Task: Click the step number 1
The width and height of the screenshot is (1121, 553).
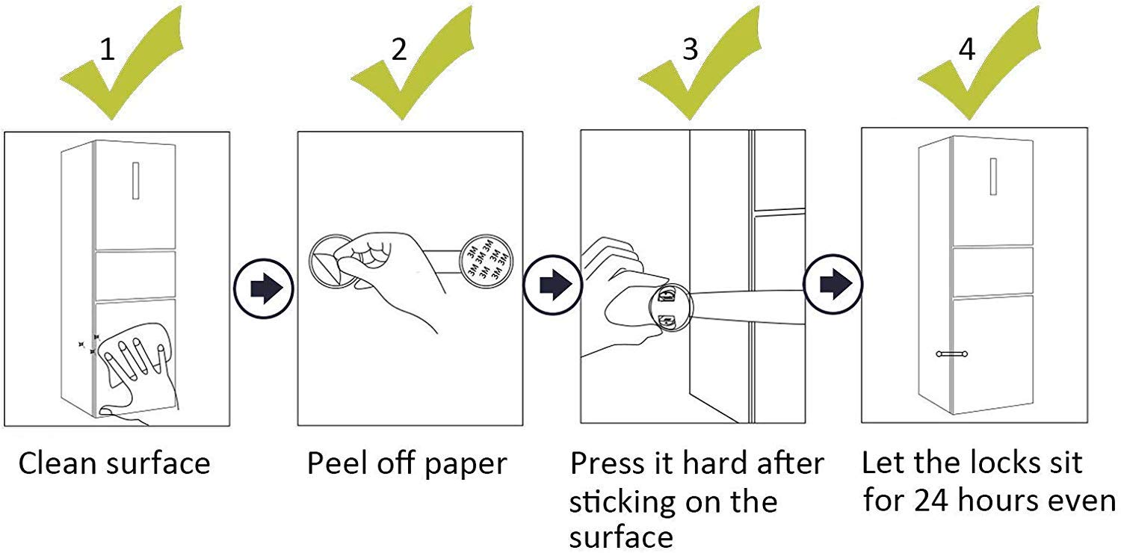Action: pos(108,49)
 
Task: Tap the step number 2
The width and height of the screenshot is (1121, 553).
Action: pos(399,49)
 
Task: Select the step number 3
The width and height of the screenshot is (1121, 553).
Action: pos(690,49)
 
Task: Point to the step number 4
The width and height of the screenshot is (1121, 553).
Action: pos(966,49)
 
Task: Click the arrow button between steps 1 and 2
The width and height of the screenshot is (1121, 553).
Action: pos(263,287)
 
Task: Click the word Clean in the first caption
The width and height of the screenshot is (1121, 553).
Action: pos(61,463)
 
